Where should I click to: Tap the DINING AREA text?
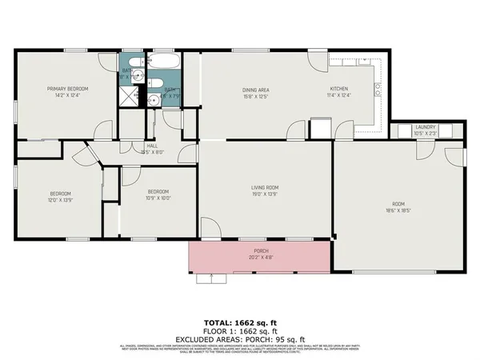tap(255, 90)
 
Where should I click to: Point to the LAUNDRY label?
tap(424, 127)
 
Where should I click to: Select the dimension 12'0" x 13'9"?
tap(60, 199)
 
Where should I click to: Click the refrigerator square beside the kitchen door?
tap(320, 128)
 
